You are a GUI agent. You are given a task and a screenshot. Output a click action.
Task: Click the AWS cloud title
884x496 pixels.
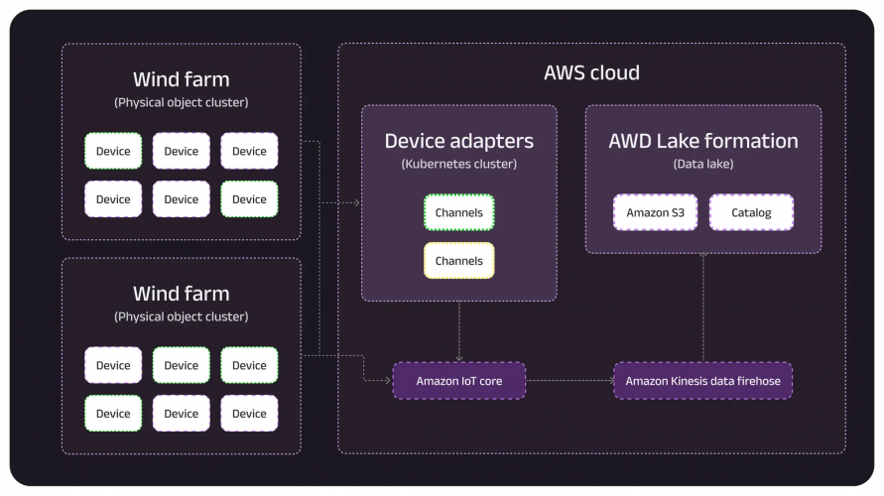click(x=591, y=72)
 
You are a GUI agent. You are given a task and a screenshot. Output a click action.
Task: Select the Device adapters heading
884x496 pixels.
click(x=458, y=141)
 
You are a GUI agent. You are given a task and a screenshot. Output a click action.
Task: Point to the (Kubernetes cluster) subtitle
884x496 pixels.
click(x=458, y=164)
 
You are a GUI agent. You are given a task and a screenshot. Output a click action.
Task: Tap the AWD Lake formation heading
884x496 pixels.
click(x=702, y=141)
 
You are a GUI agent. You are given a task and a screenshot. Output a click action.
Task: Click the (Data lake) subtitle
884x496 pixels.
click(x=702, y=164)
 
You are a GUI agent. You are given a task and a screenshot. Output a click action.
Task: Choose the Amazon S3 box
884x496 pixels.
click(x=647, y=212)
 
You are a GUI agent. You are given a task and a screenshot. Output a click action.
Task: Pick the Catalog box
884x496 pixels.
click(x=750, y=212)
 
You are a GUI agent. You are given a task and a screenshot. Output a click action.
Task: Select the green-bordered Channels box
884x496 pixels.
click(x=458, y=212)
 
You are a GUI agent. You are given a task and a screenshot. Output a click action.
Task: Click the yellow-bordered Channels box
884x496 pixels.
click(x=458, y=261)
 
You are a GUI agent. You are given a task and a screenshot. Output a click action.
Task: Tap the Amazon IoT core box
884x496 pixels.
click(x=458, y=381)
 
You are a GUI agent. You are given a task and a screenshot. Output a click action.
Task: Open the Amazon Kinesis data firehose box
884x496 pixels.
click(x=702, y=381)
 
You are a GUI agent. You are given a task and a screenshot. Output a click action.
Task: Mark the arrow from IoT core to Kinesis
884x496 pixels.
click(x=568, y=381)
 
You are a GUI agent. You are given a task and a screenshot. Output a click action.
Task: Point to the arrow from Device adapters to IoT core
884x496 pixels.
click(x=458, y=330)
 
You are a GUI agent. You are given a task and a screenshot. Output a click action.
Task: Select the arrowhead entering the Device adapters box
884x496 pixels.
click(x=355, y=203)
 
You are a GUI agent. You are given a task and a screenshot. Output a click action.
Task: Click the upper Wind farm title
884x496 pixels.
click(x=181, y=79)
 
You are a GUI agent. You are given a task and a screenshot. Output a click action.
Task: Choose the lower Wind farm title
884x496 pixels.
click(x=181, y=294)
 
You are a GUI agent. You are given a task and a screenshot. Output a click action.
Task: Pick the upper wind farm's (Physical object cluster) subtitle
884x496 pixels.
click(x=181, y=102)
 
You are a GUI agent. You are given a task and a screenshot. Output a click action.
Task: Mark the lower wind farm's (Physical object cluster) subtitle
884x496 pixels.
click(x=181, y=316)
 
